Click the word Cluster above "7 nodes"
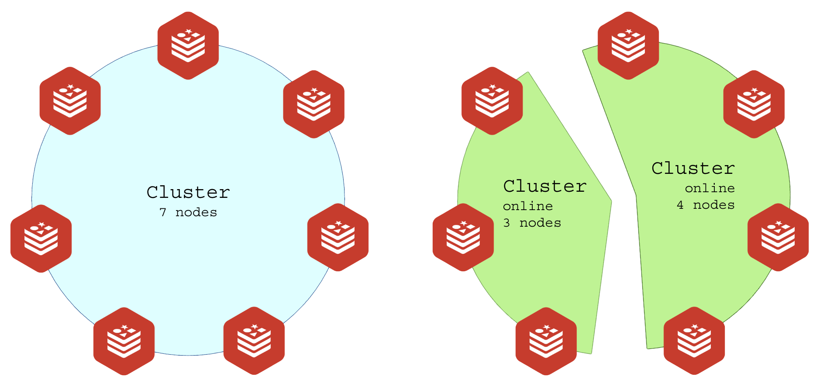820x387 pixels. (188, 192)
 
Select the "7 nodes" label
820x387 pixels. (188, 212)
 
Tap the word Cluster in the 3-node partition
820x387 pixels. (544, 186)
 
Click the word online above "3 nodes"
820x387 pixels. (528, 206)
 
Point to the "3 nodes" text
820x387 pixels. (532, 223)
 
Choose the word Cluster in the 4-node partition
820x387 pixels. (693, 168)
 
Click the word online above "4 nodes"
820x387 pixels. (710, 188)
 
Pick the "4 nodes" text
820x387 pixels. (706, 205)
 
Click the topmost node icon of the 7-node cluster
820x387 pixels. (188, 45)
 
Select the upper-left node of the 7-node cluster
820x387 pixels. (70, 100)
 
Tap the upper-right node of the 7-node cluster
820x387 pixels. (314, 104)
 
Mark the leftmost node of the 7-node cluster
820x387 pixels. (41, 238)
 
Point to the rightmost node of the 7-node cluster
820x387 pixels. (338, 237)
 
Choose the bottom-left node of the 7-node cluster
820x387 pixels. (124, 341)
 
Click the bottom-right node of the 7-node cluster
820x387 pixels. (254, 341)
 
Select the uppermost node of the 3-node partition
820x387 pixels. (492, 100)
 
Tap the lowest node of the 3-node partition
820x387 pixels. (546, 341)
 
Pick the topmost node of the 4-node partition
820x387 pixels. (628, 45)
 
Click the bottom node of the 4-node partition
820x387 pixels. (694, 341)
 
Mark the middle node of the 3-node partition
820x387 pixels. (463, 237)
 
